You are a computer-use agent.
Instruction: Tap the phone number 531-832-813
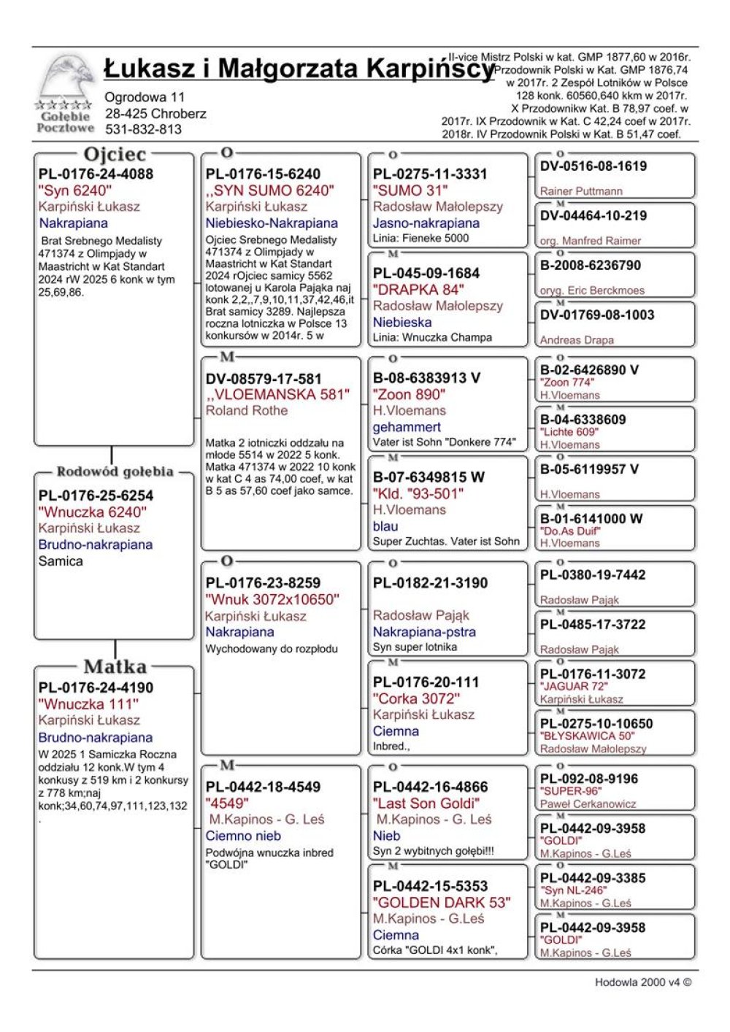pyautogui.click(x=143, y=129)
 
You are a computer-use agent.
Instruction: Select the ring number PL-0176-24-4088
pyautogui.click(x=96, y=174)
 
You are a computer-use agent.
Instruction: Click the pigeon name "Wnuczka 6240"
pyautogui.click(x=92, y=512)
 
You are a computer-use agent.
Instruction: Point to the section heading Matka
pyautogui.click(x=115, y=666)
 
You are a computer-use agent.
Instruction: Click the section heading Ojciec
pyautogui.click(x=115, y=154)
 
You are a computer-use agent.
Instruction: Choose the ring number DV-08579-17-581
pyautogui.click(x=264, y=379)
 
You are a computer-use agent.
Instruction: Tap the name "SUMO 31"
pyautogui.click(x=410, y=190)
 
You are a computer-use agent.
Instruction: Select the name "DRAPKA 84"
pyautogui.click(x=418, y=289)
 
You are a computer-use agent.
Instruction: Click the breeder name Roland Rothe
pyautogui.click(x=247, y=410)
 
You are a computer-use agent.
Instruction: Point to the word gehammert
pyautogui.click(x=407, y=427)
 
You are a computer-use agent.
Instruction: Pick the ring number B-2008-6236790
pyautogui.click(x=591, y=265)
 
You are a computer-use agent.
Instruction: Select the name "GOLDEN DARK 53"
pyautogui.click(x=442, y=902)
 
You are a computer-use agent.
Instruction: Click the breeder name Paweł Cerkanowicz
pyautogui.click(x=588, y=804)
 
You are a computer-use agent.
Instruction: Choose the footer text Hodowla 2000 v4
pyautogui.click(x=642, y=982)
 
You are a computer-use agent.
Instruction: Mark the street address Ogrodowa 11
pyautogui.click(x=145, y=97)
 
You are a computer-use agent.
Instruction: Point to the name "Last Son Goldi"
pyautogui.click(x=426, y=803)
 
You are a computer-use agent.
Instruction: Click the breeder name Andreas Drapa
pyautogui.click(x=577, y=339)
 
